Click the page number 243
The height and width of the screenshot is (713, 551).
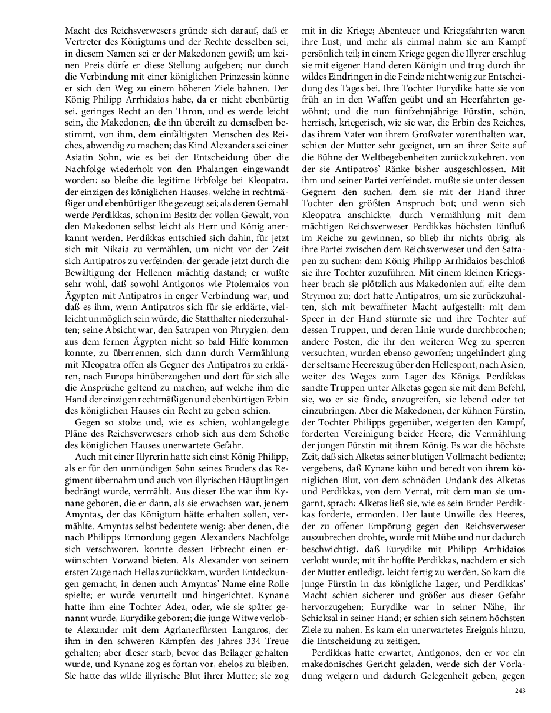pos(519,691)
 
